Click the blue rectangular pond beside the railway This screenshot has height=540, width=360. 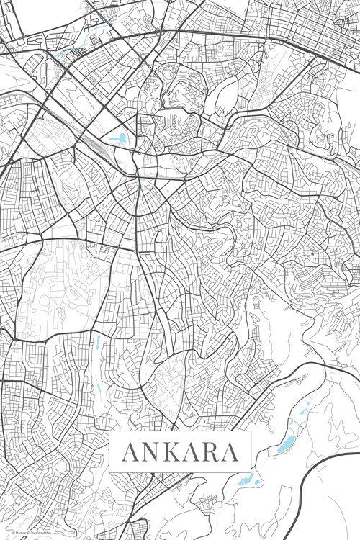coord(116,138)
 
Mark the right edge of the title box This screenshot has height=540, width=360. coord(251,451)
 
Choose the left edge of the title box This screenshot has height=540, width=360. coord(109,451)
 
